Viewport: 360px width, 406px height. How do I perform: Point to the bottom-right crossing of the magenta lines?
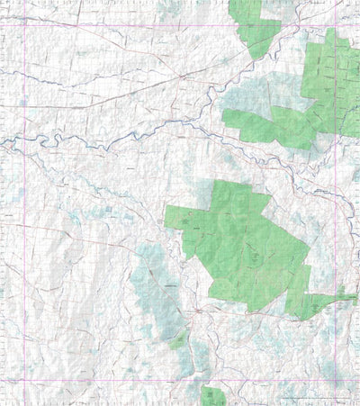pos(337,380)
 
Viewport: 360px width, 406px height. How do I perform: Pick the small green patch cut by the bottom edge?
pos(214,396)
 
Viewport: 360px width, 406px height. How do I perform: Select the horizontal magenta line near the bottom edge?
pos(135,380)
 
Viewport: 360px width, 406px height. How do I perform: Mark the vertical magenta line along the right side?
pos(337,225)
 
